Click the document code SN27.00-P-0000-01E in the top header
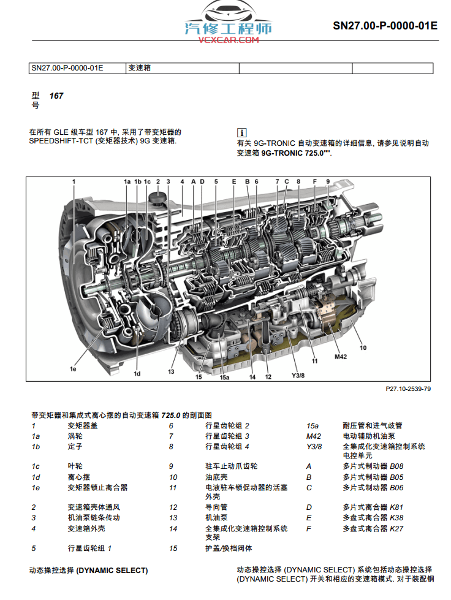point(385,26)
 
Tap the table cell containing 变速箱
point(139,68)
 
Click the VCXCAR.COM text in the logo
point(229,40)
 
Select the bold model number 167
point(56,96)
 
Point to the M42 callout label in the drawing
point(341,356)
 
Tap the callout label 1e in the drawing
point(73,369)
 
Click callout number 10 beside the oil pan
point(363,347)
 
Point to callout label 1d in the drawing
point(137,373)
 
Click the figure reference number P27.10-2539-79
point(408,389)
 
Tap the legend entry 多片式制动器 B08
point(373,466)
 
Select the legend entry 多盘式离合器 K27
point(373,528)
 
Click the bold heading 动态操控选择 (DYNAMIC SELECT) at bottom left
point(88,570)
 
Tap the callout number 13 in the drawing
point(172,371)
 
